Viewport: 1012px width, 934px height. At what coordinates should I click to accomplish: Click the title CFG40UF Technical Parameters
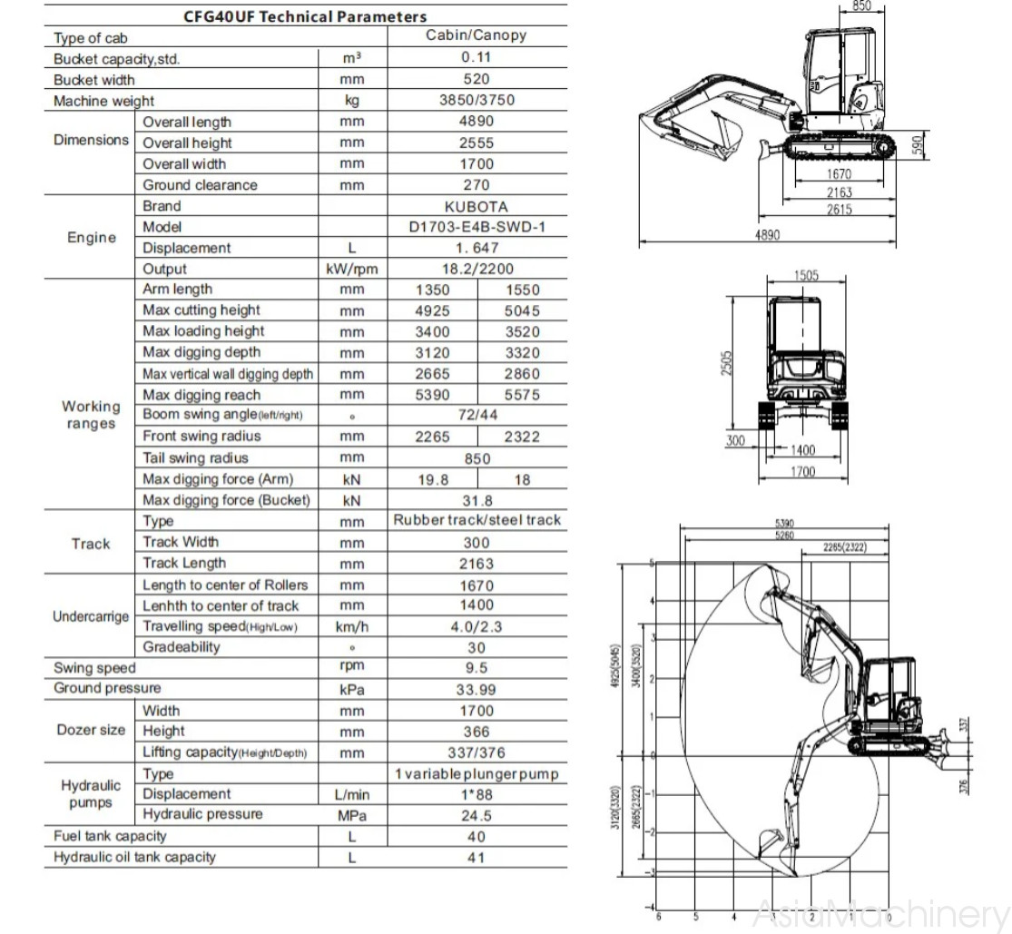(305, 16)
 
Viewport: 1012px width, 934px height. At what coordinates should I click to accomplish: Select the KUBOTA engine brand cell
(477, 206)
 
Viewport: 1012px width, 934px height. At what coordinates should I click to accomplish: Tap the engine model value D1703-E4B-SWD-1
(477, 227)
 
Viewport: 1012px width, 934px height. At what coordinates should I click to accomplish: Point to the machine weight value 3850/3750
(477, 100)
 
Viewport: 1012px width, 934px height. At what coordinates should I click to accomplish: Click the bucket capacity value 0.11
(477, 57)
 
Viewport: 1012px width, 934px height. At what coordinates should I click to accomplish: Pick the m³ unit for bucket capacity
(352, 57)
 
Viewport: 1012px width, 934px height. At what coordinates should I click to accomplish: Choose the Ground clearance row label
(200, 185)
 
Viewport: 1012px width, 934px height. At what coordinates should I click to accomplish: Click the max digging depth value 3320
(522, 353)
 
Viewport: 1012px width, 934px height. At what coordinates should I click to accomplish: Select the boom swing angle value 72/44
(477, 416)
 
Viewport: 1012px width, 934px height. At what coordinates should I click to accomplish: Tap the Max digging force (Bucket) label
(226, 500)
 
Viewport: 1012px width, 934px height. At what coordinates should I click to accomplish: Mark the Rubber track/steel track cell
(477, 520)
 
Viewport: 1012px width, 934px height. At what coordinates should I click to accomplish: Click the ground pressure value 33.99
(477, 690)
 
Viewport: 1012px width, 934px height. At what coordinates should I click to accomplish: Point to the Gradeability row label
(182, 647)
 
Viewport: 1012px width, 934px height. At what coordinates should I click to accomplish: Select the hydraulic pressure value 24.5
(477, 816)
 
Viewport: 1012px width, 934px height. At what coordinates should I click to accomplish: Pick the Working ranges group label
(91, 415)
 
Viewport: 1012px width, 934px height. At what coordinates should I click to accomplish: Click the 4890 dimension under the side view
(767, 235)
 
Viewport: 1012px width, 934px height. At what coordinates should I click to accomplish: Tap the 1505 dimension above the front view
(806, 276)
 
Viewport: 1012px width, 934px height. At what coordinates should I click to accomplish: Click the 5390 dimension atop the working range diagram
(785, 524)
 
